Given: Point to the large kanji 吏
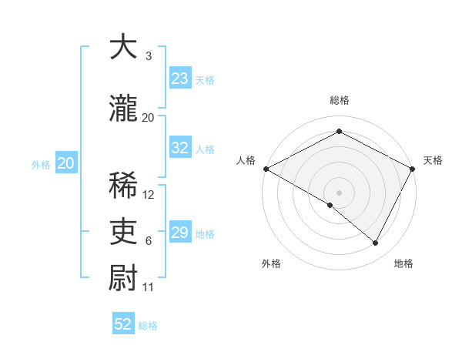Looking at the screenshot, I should [123, 232].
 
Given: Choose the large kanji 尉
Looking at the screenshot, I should [123, 278].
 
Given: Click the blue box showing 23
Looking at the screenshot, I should [180, 79].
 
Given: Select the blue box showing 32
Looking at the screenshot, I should [180, 149].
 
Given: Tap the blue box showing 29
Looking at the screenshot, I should [180, 233].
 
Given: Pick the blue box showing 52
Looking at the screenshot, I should [123, 324].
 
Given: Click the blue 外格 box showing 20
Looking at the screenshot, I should [66, 163].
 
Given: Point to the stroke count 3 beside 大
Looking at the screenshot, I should [149, 56].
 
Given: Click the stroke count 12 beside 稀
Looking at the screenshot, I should [149, 195].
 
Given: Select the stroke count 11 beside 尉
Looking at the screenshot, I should [149, 287].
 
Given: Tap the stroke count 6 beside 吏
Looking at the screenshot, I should [149, 241].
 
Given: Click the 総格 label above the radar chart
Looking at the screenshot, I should [339, 101].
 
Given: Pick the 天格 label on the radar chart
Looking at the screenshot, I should [433, 160].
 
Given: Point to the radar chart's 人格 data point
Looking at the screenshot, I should [266, 169].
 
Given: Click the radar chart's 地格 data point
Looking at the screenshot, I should [376, 243].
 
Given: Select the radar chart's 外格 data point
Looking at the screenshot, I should [330, 205].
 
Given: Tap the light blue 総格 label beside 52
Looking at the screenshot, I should [148, 326].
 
